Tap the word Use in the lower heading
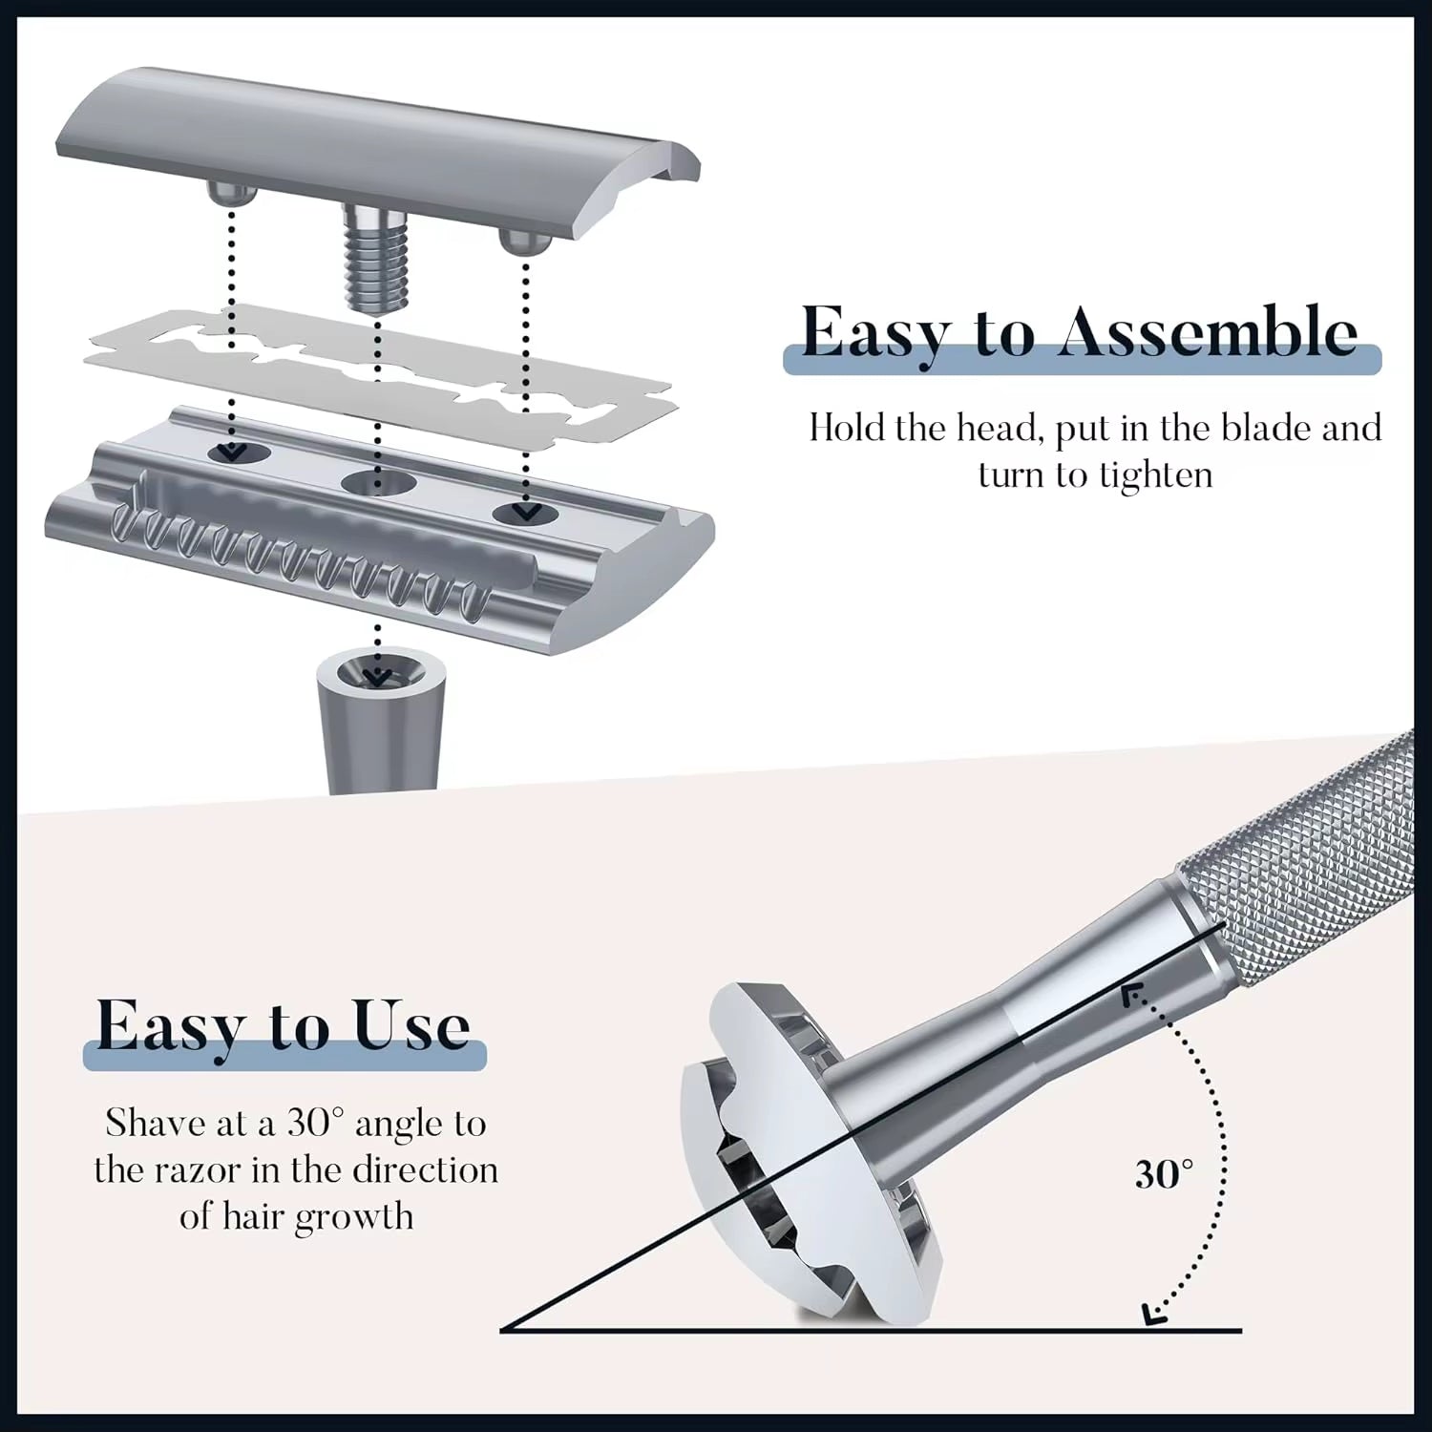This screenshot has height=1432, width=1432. [411, 1026]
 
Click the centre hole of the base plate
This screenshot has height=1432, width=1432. [379, 482]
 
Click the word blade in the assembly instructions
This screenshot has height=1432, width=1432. [1267, 429]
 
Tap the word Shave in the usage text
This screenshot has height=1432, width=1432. [156, 1124]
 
